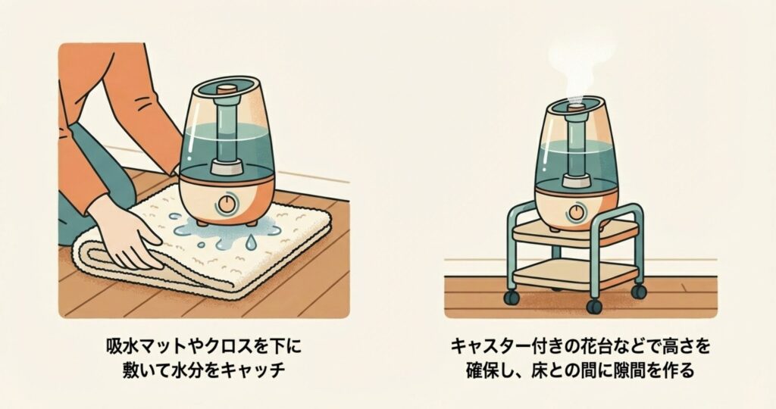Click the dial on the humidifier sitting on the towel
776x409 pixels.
pyautogui.click(x=226, y=204)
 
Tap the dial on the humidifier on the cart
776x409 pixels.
pyautogui.click(x=576, y=212)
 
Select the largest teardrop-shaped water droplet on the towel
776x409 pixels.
pyautogui.click(x=252, y=242)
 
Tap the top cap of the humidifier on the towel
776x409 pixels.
pyautogui.click(x=227, y=89)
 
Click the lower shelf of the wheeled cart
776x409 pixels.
pyautogui.click(x=574, y=274)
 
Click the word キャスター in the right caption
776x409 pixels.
pyautogui.click(x=490, y=345)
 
